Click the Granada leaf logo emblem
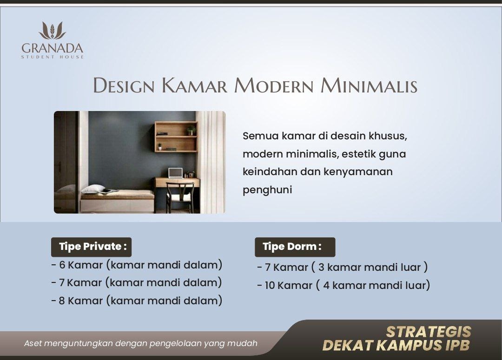[x=52, y=31]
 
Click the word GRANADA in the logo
[x=53, y=48]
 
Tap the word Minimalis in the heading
[x=369, y=86]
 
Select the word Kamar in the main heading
[x=194, y=86]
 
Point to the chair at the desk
[x=180, y=197]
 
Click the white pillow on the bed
[x=93, y=189]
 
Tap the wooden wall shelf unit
[x=176, y=136]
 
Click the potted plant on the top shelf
[x=191, y=130]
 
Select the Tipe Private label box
[x=91, y=247]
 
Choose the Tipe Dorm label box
[x=295, y=247]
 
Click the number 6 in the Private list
[x=62, y=265]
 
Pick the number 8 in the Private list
[x=62, y=301]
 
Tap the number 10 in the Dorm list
[x=270, y=285]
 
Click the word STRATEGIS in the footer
[x=429, y=332]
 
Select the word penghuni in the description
[x=267, y=190]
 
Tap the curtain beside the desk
[x=211, y=162]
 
